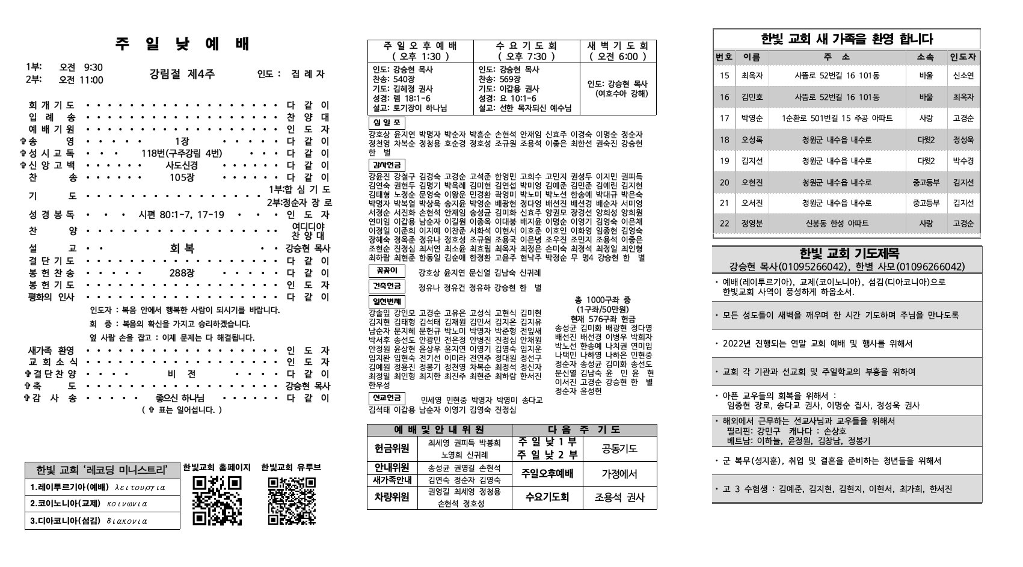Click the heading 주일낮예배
tap(182, 44)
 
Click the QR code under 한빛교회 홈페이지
tap(217, 500)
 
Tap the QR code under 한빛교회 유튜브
tap(292, 500)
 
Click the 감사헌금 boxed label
tap(386, 165)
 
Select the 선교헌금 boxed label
tap(386, 399)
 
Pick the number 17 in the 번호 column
tap(724, 118)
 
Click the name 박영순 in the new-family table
tap(752, 118)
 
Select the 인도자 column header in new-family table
tap(963, 58)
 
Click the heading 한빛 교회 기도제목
tap(847, 254)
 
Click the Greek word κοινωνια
tap(127, 504)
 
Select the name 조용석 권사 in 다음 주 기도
tap(619, 497)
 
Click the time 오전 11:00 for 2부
tap(81, 80)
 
